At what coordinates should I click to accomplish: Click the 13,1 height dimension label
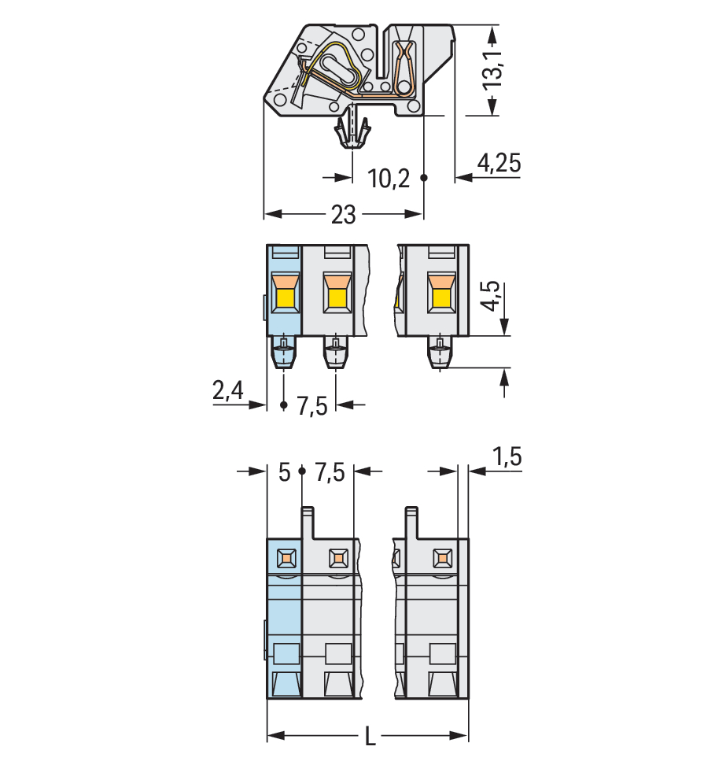(492, 68)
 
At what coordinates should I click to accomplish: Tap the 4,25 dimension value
(499, 163)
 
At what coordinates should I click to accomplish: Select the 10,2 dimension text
(389, 178)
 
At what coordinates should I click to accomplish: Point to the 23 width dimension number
(343, 215)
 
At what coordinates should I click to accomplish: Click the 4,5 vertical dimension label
(491, 296)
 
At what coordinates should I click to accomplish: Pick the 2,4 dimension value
(228, 390)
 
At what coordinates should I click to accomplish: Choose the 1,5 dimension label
(507, 456)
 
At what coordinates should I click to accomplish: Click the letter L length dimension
(370, 737)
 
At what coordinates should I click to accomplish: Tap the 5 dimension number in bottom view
(284, 472)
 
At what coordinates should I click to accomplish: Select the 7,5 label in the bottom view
(330, 472)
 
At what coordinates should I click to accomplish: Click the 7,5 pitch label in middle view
(312, 406)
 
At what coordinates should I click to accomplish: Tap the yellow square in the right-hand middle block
(441, 299)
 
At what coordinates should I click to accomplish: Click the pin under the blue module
(284, 353)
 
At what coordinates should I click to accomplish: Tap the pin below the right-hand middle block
(440, 353)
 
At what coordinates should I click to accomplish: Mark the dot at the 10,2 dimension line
(424, 177)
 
